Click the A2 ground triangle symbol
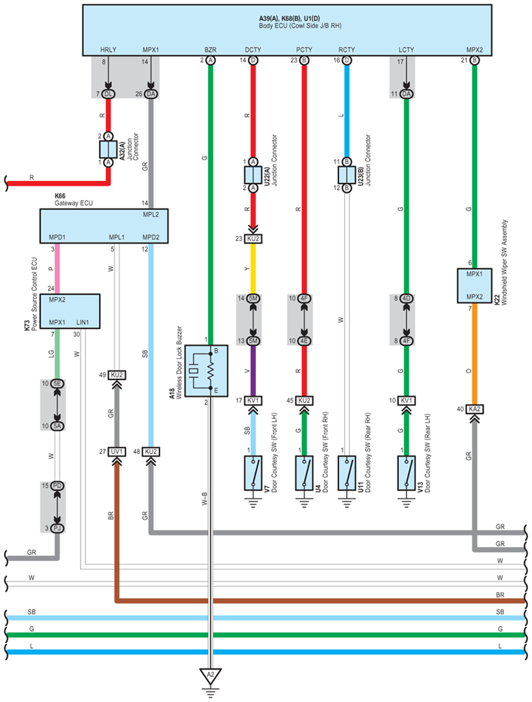(210, 676)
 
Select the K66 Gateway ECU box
(104, 226)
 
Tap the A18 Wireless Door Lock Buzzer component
(207, 371)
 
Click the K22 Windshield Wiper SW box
(474, 286)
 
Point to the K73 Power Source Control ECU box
(70, 311)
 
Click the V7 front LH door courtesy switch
(253, 473)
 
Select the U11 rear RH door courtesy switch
(347, 473)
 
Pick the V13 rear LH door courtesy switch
(406, 473)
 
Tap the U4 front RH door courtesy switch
(304, 473)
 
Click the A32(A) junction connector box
(108, 150)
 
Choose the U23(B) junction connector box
(347, 175)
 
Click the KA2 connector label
(474, 409)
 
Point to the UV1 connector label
(117, 452)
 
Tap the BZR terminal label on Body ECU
(210, 49)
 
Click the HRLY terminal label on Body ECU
(108, 49)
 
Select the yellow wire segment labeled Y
(253, 269)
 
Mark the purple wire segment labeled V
(253, 371)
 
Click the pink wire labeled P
(57, 269)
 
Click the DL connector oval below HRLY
(108, 94)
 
